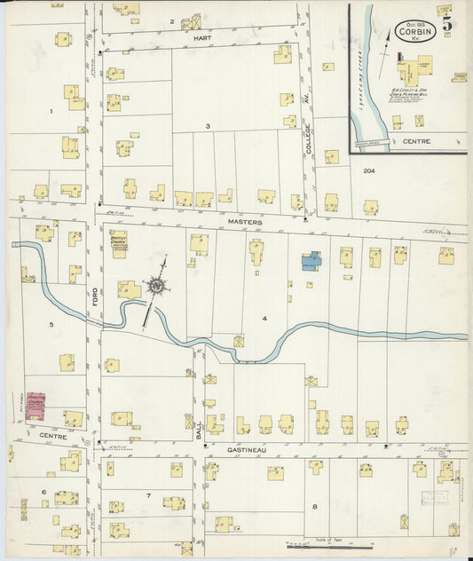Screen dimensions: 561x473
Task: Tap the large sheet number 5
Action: [x=448, y=24]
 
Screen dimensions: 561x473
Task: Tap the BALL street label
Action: [x=199, y=433]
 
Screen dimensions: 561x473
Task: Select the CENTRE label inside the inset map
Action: [x=415, y=140]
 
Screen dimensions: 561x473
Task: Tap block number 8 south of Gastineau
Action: [x=314, y=507]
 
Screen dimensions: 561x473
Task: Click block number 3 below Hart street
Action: [x=208, y=126]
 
